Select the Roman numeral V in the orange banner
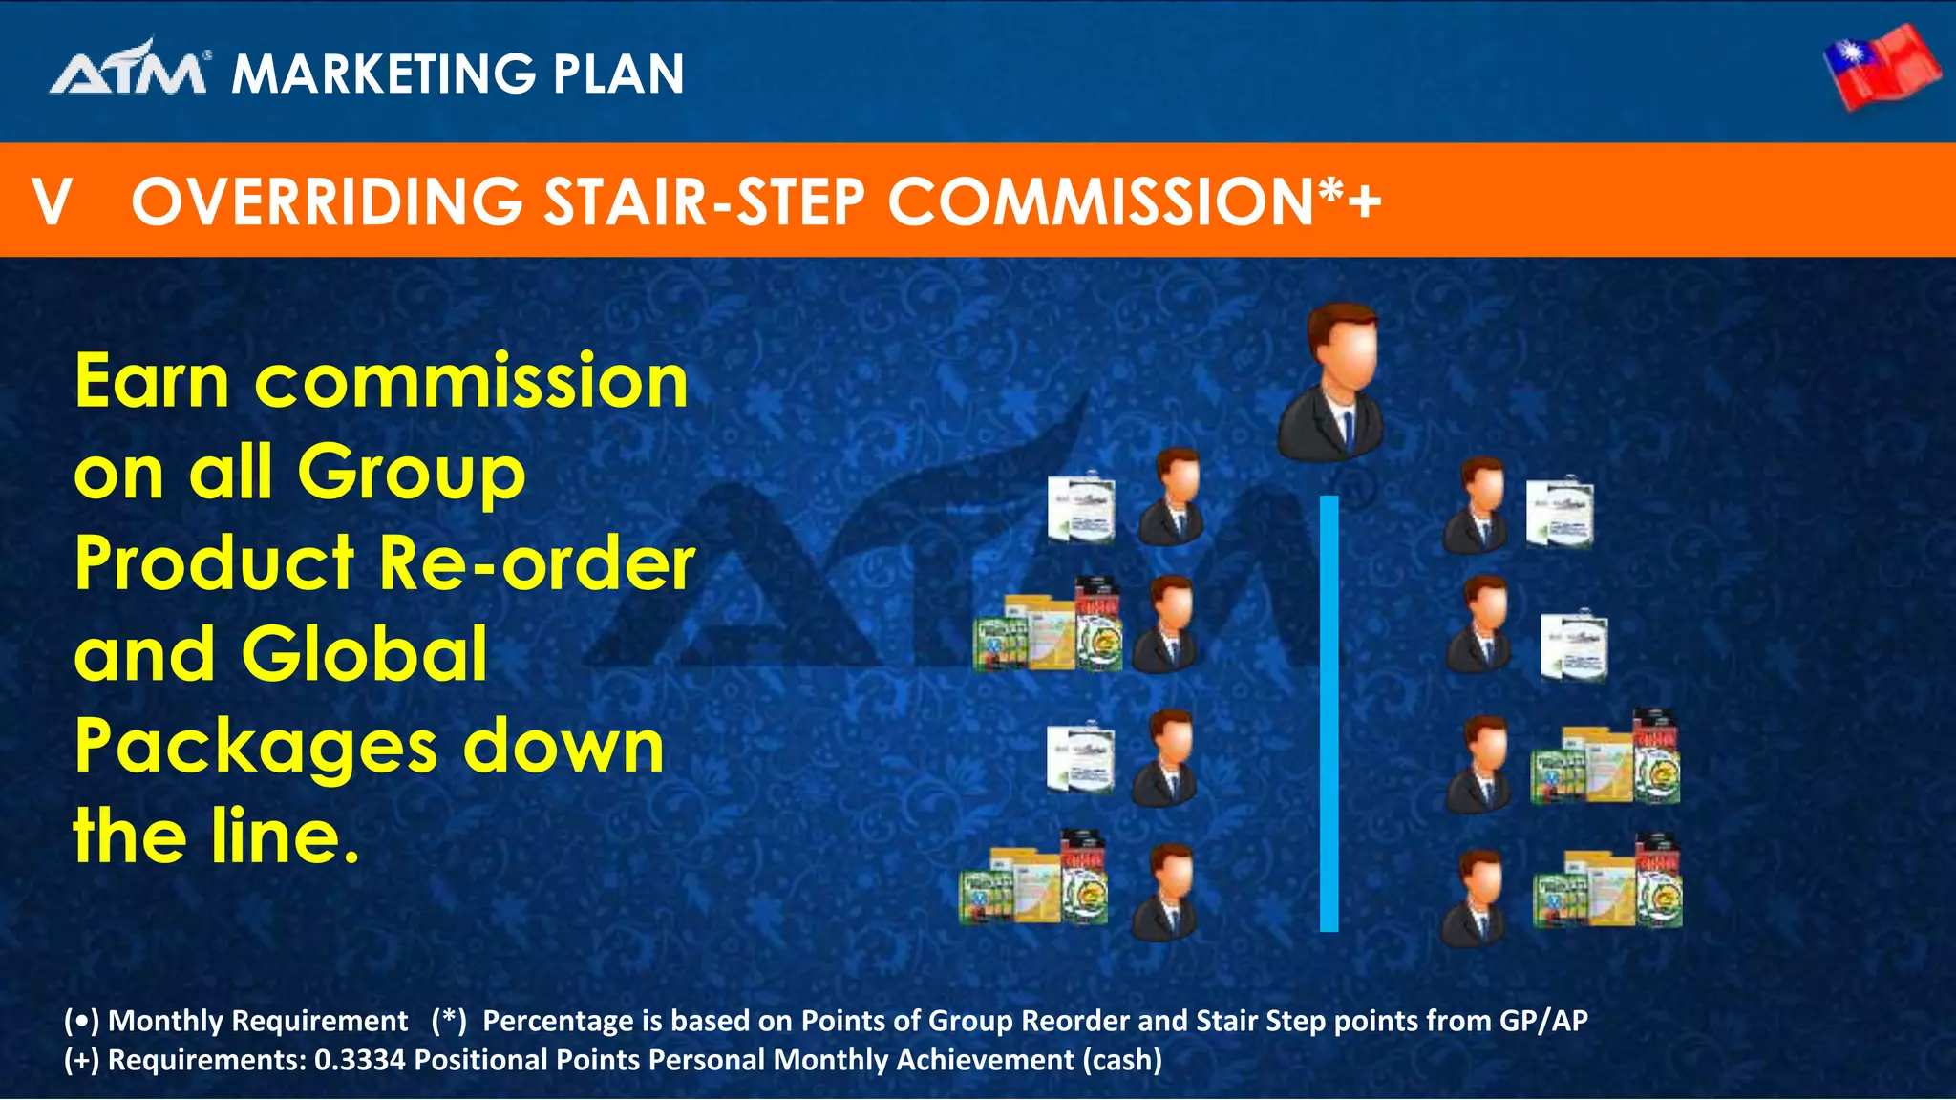pos(52,201)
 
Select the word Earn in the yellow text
pos(152,381)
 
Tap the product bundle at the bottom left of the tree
pos(1033,881)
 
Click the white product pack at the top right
pos(1559,513)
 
